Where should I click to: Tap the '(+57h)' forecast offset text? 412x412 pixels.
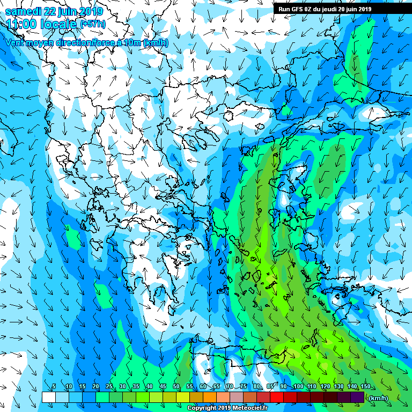[x=92, y=24]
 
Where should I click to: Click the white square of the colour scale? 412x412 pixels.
[x=48, y=397]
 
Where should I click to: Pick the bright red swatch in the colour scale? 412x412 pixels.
[x=277, y=397]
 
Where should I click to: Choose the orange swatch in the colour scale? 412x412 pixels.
[x=210, y=397]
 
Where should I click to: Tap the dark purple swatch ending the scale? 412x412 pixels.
[x=357, y=397]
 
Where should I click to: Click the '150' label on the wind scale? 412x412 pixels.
[x=365, y=387]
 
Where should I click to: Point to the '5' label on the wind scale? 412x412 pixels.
[x=54, y=387]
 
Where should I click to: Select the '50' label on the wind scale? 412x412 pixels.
[x=176, y=387]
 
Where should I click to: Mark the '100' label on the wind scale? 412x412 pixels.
[x=298, y=387]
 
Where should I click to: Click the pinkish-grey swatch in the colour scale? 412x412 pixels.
[x=237, y=397]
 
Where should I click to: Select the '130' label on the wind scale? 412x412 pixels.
[x=339, y=387]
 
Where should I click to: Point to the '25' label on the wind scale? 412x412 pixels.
[x=109, y=387]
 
